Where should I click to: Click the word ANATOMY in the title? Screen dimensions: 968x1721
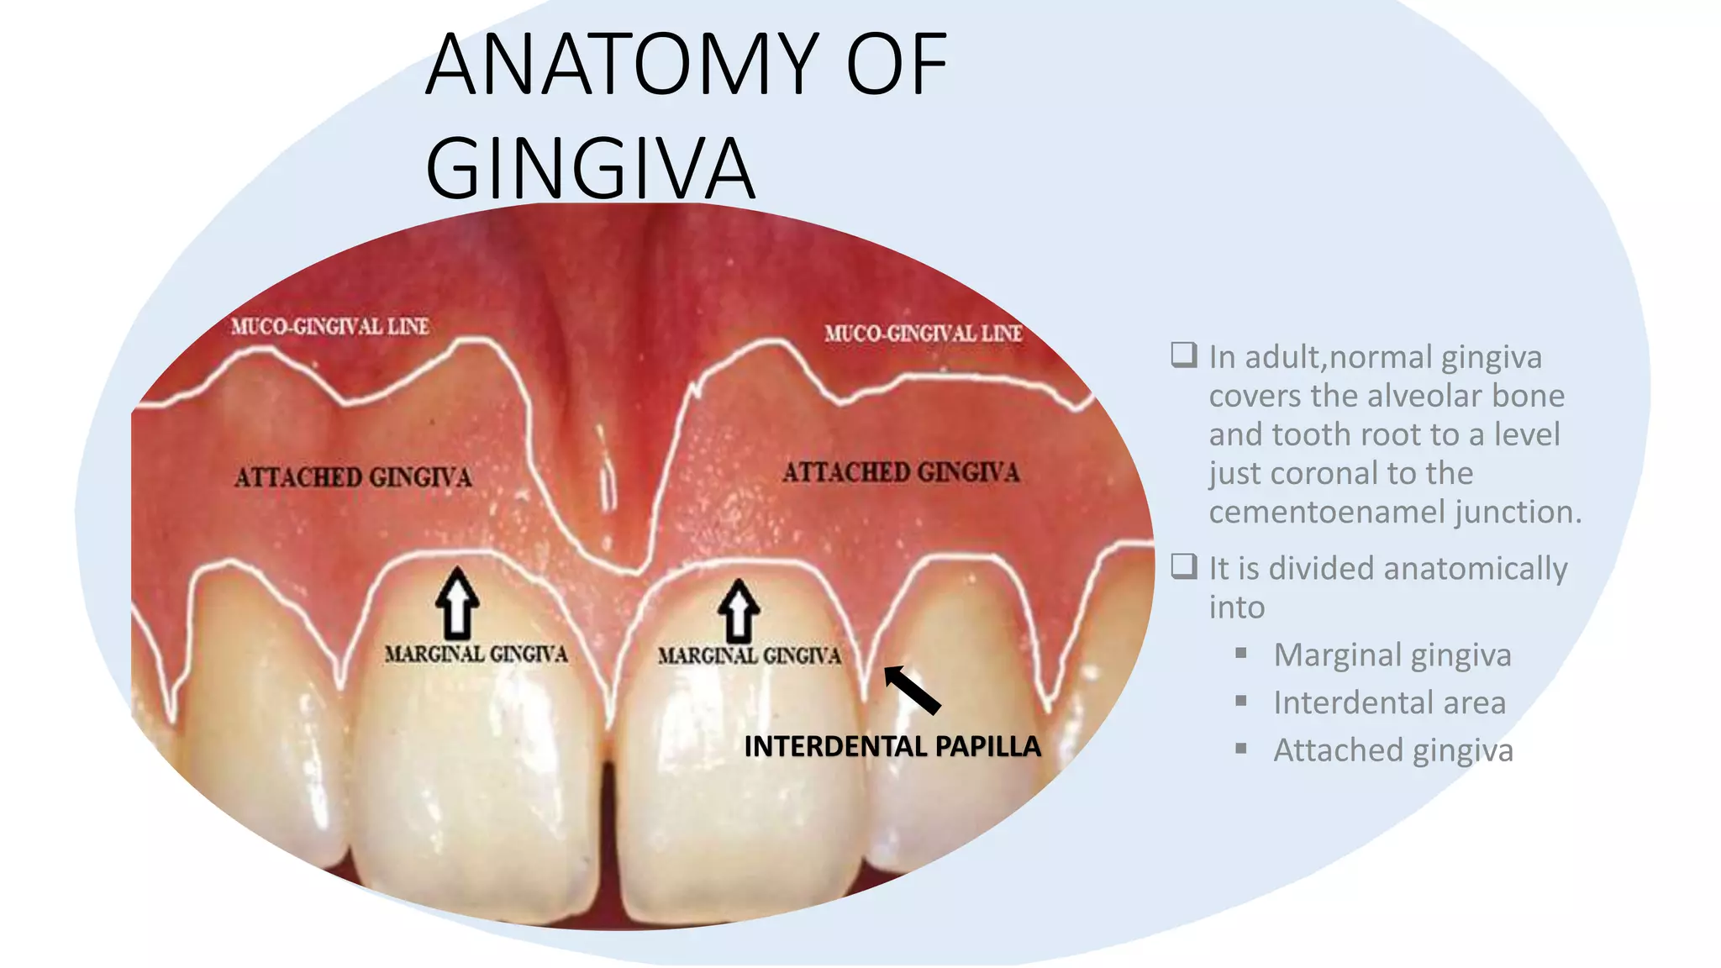pos(622,64)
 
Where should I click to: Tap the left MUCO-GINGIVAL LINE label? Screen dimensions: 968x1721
pos(330,326)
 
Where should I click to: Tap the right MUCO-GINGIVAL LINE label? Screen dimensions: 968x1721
pos(923,334)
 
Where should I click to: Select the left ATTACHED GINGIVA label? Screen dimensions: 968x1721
pos(353,477)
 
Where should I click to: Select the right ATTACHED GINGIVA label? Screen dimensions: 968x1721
pos(901,472)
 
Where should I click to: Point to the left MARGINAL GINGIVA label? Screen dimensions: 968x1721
pos(476,654)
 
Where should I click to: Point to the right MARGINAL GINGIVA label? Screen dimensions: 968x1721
pos(749,655)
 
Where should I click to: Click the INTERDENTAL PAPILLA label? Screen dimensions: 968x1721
pos(892,746)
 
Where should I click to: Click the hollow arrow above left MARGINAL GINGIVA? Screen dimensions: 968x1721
pos(457,602)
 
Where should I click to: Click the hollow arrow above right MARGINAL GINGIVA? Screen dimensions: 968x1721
pos(739,610)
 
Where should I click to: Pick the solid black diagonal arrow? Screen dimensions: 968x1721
pos(912,690)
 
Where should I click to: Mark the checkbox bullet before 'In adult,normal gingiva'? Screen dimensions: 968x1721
pos(1183,355)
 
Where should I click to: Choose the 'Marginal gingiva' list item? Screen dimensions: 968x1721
pos(1392,655)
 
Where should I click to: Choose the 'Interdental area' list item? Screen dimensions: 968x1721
pos(1389,702)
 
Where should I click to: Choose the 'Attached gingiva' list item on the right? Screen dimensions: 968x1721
pos(1392,750)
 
